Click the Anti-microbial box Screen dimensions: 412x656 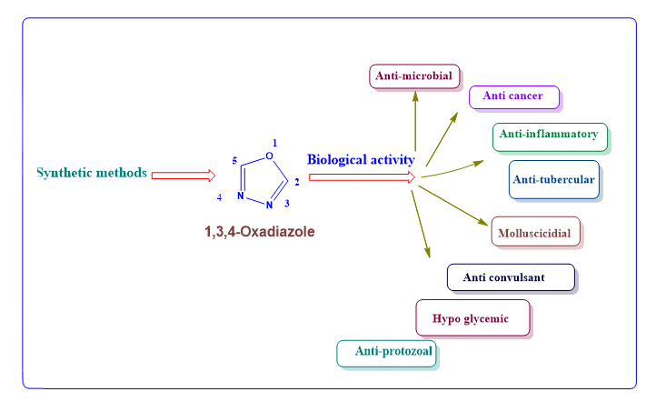pos(414,75)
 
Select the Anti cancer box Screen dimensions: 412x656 pos(513,95)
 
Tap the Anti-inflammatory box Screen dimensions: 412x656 pos(549,135)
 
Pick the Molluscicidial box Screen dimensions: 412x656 pos(534,232)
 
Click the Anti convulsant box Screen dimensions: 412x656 pos(510,276)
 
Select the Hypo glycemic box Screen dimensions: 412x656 pos(472,317)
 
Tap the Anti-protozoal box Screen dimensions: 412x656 pos(386,352)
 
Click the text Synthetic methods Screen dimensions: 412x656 pos(91,172)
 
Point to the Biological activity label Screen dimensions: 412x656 pos(361,160)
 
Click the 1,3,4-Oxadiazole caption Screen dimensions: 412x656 pos(259,232)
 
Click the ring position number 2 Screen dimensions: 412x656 pos(298,181)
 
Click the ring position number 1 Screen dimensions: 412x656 pos(275,142)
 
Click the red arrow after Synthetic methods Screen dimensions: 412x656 pos(183,175)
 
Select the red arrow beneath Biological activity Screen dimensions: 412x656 pos(362,177)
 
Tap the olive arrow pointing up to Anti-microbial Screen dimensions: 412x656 pos(415,123)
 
